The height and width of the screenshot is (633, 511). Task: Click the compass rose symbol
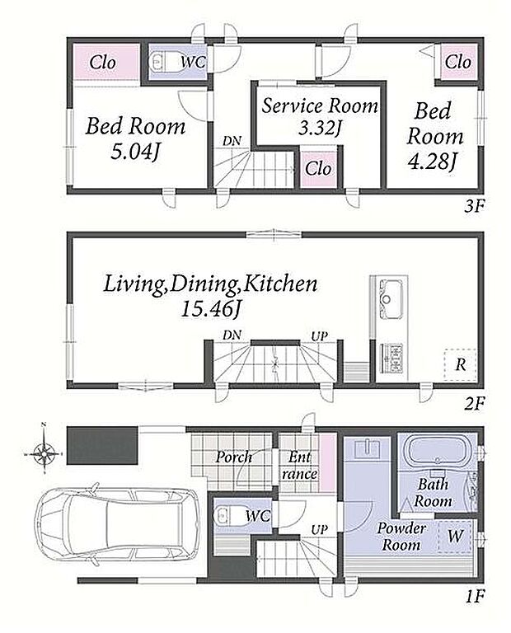[44, 453]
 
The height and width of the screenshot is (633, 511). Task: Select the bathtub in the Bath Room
[437, 452]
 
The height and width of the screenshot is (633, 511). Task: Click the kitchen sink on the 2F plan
[390, 298]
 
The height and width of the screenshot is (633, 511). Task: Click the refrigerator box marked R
[460, 364]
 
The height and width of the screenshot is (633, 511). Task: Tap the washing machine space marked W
[454, 537]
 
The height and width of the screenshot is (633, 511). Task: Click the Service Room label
[320, 105]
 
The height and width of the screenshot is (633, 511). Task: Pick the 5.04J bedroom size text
[134, 152]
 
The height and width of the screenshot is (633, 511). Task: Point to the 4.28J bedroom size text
[433, 162]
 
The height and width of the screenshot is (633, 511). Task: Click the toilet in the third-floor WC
[161, 62]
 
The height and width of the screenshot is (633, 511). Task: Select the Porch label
[233, 457]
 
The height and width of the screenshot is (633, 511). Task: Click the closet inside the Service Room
[318, 169]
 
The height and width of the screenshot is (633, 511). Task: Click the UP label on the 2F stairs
[319, 336]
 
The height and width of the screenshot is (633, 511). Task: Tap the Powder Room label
[401, 537]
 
